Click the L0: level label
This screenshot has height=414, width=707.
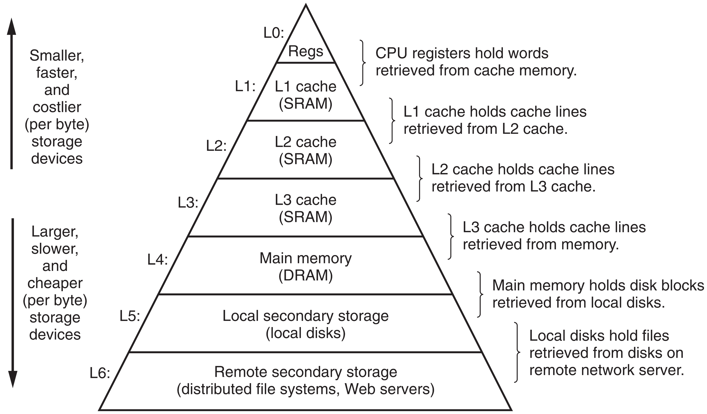coord(274,33)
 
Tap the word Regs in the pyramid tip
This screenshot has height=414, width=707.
coord(306,51)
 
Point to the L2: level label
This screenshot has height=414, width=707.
coord(216,146)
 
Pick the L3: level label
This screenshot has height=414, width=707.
coord(188,203)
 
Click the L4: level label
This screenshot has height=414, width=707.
coord(157,260)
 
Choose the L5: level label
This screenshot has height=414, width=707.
coord(130,316)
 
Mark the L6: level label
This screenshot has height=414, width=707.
coord(100,373)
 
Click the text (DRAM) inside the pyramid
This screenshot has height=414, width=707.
coord(306,275)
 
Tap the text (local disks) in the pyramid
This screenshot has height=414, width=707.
coord(306,333)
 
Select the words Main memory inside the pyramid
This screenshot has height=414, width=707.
coord(306,258)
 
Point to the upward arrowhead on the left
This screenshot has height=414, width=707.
coord(11,27)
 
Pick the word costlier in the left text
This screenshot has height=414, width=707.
coord(57,107)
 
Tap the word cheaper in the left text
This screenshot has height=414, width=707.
coord(55,283)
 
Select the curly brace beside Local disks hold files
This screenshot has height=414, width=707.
coord(517,352)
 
